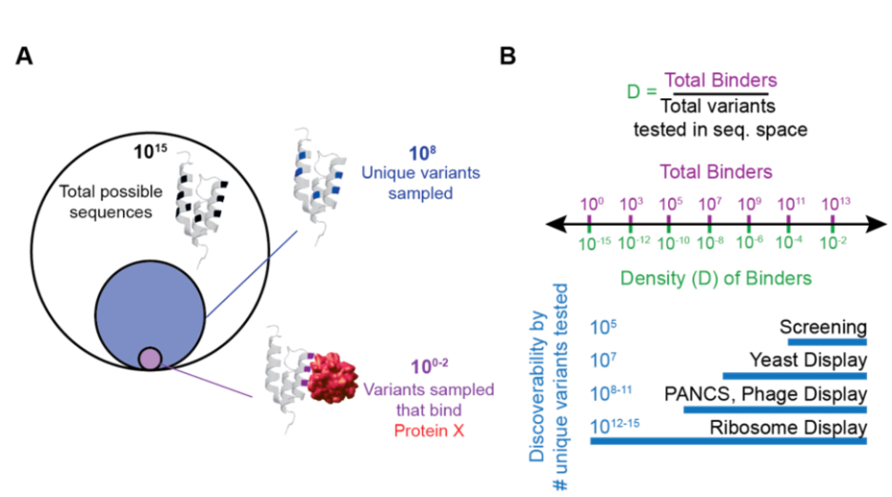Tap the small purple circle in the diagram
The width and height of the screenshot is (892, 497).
151,358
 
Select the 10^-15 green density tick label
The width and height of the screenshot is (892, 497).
588,244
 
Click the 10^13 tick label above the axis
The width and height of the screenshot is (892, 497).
835,204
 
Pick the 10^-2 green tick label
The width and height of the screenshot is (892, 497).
834,244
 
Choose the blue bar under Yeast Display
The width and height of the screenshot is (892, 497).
795,374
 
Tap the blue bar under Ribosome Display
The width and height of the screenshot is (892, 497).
728,442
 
